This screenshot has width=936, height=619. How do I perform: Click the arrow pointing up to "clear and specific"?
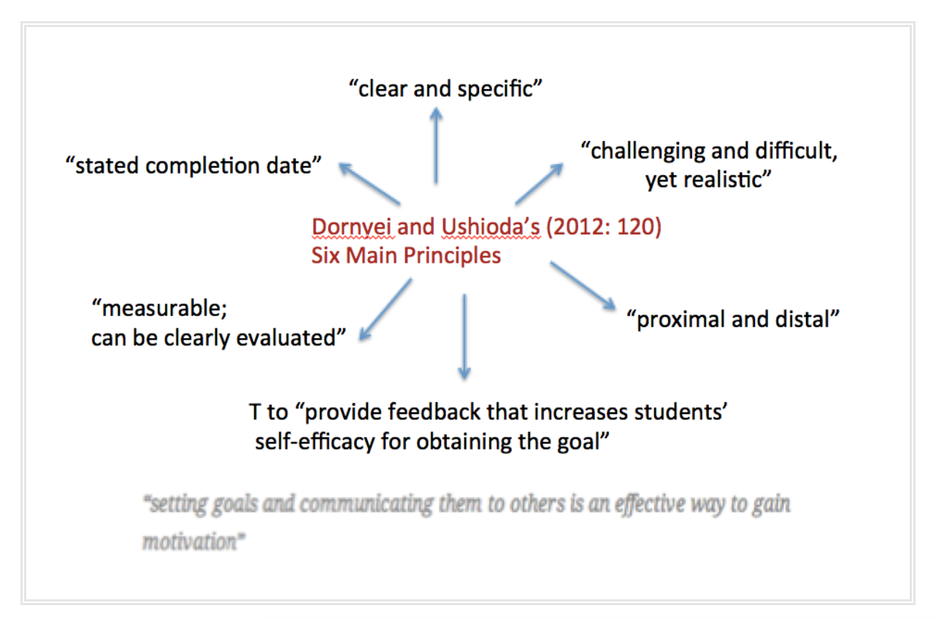[437, 145]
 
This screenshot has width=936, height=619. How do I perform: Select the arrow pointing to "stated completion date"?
[369, 184]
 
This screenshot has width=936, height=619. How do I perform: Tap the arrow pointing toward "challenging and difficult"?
[539, 184]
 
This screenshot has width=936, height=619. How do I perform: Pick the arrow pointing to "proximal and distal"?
[583, 285]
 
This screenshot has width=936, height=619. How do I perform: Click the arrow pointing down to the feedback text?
[464, 337]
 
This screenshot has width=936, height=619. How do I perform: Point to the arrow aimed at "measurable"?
[385, 310]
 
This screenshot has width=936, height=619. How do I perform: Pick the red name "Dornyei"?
[353, 227]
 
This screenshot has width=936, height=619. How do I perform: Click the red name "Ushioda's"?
[491, 227]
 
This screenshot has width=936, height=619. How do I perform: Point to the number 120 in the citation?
[639, 227]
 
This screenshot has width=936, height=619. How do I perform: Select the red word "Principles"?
[452, 255]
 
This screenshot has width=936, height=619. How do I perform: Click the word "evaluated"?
[291, 337]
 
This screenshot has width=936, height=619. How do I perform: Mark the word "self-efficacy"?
[315, 442]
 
